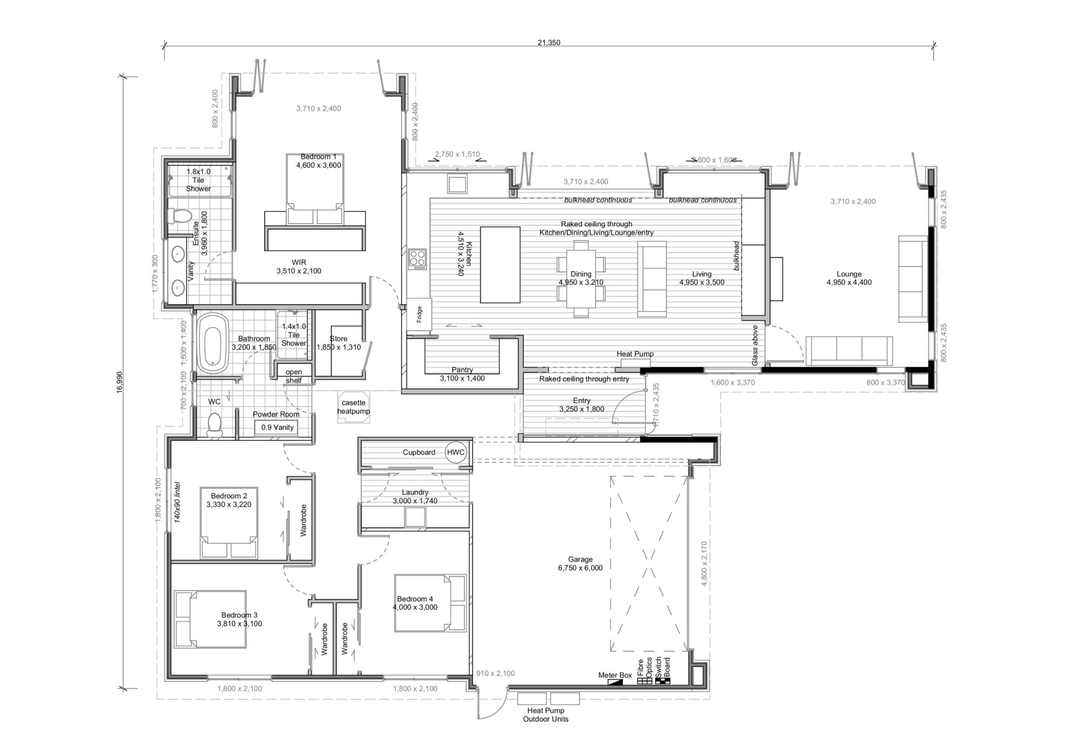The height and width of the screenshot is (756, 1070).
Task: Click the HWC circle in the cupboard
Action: (456, 453)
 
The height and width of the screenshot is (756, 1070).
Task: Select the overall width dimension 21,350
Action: (549, 43)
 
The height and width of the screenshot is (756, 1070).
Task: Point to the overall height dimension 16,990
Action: (119, 382)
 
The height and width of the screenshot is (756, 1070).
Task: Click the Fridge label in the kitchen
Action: (419, 315)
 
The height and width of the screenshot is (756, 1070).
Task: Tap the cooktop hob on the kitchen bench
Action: (417, 259)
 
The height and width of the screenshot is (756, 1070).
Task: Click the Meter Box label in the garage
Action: (615, 675)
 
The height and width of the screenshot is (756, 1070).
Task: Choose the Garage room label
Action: (580, 564)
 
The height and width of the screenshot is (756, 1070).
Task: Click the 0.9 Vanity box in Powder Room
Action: (277, 427)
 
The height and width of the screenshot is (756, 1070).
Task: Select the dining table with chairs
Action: (581, 278)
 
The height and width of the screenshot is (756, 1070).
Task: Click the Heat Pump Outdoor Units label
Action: (546, 715)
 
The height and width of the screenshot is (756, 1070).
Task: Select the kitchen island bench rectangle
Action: (500, 265)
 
